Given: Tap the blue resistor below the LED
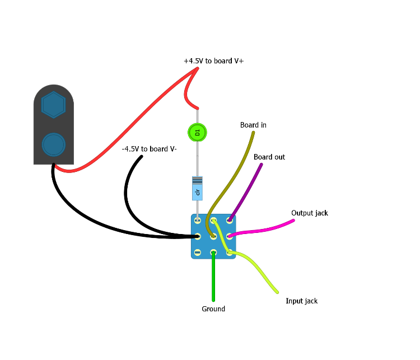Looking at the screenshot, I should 197,188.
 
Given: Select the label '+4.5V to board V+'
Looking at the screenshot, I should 213,60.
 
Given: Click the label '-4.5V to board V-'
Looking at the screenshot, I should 149,149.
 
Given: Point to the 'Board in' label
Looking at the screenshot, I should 253,125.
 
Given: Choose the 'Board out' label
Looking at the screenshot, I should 269,157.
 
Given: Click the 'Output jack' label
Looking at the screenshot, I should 309,213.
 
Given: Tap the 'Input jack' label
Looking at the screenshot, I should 301,301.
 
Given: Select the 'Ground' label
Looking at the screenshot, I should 213,308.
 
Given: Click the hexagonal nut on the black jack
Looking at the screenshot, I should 54,105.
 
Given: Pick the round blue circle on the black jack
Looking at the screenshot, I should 54,144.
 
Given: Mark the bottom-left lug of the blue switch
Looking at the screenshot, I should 197,253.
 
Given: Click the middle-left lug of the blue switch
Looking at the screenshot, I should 197,236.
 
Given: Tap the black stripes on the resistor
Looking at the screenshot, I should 197,181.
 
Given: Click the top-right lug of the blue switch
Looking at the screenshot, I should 230,220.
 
